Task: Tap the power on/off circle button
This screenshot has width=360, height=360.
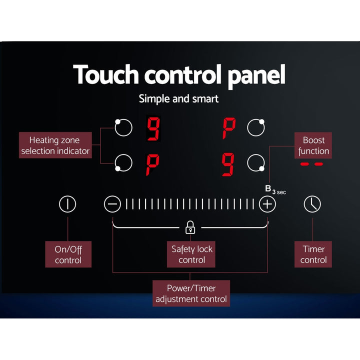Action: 67,204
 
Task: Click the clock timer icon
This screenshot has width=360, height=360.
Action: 312,204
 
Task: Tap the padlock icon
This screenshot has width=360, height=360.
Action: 190,227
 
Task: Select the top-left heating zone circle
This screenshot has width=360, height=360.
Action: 123,127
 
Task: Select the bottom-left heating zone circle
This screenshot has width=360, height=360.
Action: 123,163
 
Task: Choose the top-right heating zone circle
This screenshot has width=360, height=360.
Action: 256,127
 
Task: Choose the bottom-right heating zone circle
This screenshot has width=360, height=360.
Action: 256,163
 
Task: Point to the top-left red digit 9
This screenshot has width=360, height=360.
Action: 153,128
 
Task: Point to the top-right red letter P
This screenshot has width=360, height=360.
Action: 229,128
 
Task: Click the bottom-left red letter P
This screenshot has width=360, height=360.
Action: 152,164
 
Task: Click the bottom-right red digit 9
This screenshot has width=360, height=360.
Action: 228,164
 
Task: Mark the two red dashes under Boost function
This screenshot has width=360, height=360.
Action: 312,164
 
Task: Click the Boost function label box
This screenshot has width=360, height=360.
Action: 313,145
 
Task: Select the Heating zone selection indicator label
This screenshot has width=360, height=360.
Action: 55,145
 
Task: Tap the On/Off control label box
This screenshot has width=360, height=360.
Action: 68,254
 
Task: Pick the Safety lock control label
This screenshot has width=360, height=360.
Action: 191,254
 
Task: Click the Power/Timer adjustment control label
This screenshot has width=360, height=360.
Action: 191,293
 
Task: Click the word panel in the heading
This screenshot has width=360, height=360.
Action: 256,75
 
